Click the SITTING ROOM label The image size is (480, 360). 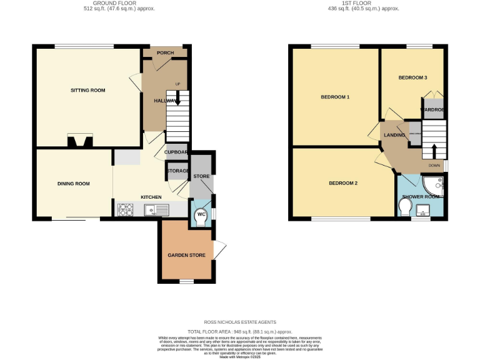click(x=87, y=91)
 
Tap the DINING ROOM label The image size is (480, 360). click(x=74, y=184)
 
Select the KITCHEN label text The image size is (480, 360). click(x=151, y=197)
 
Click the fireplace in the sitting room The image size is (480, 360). click(x=80, y=142)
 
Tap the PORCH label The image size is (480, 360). click(x=166, y=52)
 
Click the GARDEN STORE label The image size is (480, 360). click(x=185, y=255)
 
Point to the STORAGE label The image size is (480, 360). click(x=177, y=171)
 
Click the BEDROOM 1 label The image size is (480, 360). click(x=335, y=97)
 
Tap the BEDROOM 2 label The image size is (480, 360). click(x=343, y=183)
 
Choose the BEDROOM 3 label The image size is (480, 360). click(x=412, y=77)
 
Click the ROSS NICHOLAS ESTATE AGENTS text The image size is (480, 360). click(x=240, y=322)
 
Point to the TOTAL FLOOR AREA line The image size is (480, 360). click(x=240, y=332)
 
